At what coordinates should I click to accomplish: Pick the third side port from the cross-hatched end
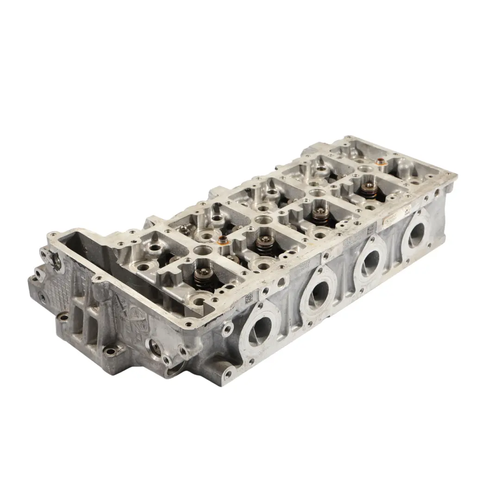tap(370, 262)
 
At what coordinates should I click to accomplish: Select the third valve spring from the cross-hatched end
tap(319, 215)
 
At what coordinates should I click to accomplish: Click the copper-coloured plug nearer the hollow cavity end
tap(223, 241)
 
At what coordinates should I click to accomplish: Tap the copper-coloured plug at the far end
tap(380, 162)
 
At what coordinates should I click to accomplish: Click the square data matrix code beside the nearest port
tap(249, 297)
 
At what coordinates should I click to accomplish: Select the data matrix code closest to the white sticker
tap(371, 230)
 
